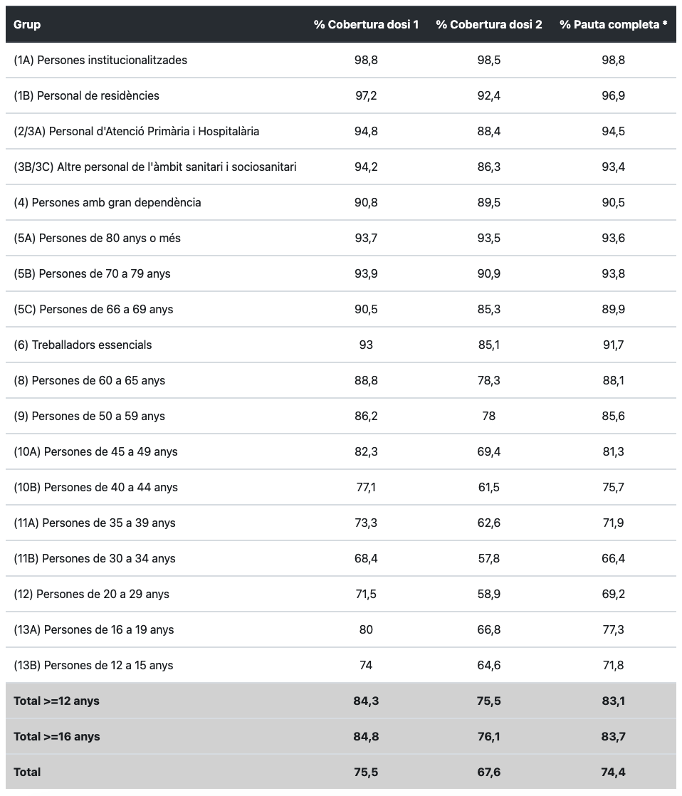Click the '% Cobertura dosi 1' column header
tap(366, 24)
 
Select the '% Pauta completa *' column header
tap(613, 24)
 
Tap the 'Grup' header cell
tap(27, 24)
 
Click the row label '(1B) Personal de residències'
tap(86, 95)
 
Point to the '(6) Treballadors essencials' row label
tap(83, 345)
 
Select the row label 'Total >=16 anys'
tap(57, 736)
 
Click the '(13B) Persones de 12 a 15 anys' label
tap(93, 665)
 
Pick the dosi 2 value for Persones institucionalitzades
tap(488, 60)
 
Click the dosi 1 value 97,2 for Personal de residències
tap(366, 95)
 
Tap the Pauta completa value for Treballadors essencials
tap(613, 345)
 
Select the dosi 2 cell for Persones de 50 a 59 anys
tap(488, 416)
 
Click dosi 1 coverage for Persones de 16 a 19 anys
tap(366, 629)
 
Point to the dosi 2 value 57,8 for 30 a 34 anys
tap(488, 558)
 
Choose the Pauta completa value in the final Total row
tap(613, 772)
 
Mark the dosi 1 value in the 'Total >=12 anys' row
tap(366, 701)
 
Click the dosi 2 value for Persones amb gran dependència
tap(488, 202)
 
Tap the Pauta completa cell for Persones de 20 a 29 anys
tap(613, 594)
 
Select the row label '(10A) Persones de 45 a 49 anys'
tap(95, 451)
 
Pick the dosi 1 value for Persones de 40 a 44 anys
tap(366, 487)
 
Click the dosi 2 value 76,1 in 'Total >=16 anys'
tap(488, 736)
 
